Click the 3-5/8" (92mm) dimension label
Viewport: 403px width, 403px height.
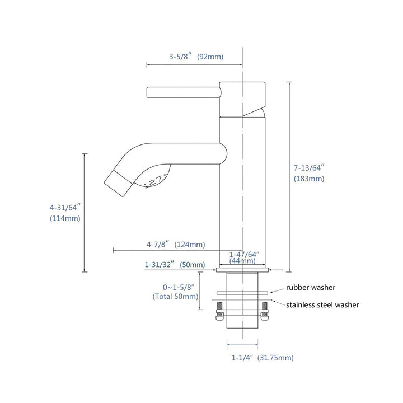coord(196,57)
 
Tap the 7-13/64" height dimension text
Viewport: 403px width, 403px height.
coord(309,167)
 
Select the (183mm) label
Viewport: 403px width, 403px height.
coord(309,179)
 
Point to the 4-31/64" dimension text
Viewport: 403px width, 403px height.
coord(65,207)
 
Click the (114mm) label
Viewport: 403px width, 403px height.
coord(65,219)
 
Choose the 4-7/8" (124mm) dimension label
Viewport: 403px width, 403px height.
coord(175,245)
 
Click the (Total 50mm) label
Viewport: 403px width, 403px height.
coord(175,297)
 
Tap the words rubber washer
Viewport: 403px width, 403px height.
coord(311,288)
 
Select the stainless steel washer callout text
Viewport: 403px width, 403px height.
coord(322,305)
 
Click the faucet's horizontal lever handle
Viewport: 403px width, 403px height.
coord(182,91)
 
